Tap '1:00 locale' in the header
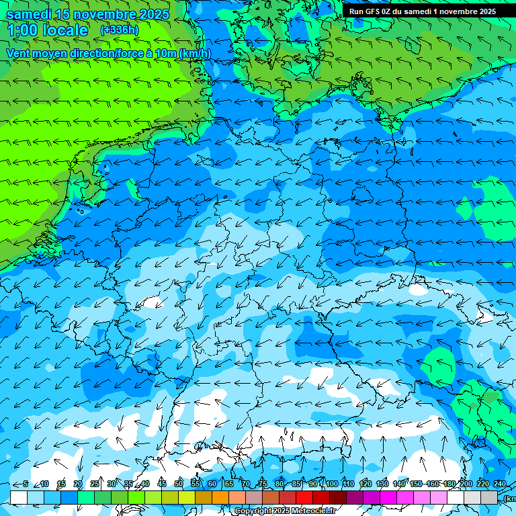tap(48, 30)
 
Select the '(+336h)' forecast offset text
tap(119, 30)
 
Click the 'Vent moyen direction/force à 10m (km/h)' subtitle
tap(108, 54)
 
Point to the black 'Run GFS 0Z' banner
tap(422, 11)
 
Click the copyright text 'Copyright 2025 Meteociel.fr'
tap(286, 511)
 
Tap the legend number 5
tap(26, 484)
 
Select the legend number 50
tap(178, 484)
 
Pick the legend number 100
tap(331, 484)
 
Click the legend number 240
tap(499, 484)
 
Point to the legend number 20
tap(77, 484)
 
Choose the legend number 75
tap(262, 484)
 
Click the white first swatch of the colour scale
tap(19, 497)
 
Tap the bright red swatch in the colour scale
tap(304, 497)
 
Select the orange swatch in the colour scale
tap(220, 497)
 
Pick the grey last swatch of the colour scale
tap(489, 497)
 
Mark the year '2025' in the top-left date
tap(155, 14)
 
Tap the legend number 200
tap(466, 484)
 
